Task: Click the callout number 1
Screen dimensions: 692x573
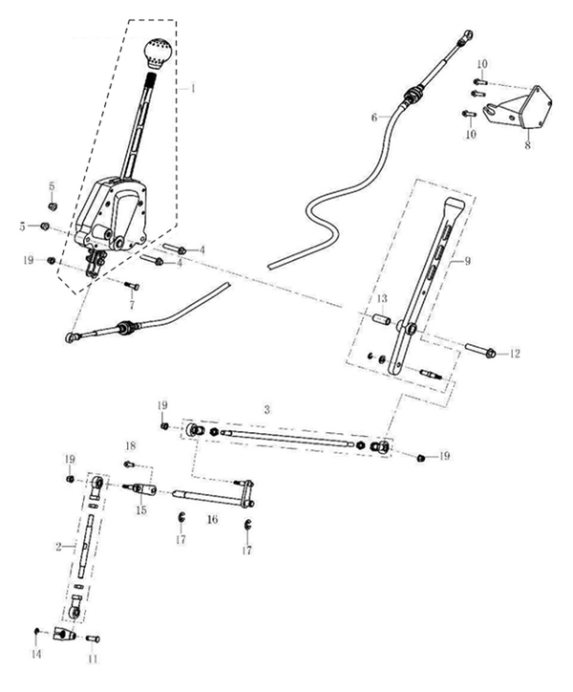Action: (193, 88)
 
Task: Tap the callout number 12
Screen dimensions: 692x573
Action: (515, 354)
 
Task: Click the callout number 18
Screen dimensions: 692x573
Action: (131, 446)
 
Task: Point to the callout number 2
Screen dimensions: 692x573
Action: (58, 545)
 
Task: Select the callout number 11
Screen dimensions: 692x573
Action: (93, 660)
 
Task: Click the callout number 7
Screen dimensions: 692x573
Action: (132, 305)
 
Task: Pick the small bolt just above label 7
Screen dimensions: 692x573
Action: (132, 285)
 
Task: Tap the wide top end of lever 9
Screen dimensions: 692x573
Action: (455, 206)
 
